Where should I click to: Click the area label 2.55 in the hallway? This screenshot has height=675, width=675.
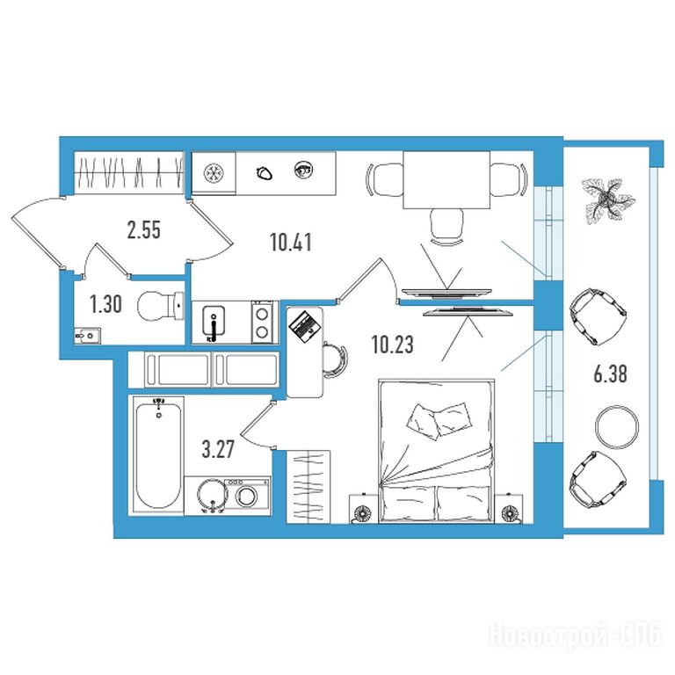coord(144,230)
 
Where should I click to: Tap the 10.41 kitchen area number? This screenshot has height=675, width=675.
coord(291,242)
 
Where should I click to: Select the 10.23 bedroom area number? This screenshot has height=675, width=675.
coord(392,345)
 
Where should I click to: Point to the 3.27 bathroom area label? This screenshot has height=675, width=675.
coord(218,450)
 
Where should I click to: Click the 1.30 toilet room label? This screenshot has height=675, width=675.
coord(105,304)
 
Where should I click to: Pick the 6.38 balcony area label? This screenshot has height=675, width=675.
coord(611,374)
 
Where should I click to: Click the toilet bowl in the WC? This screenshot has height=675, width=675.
coord(160,306)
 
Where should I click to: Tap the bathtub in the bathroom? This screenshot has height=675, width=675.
coord(158,454)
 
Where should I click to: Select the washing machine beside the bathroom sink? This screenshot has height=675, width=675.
coord(247,496)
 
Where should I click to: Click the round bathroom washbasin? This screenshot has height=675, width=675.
coord(212,496)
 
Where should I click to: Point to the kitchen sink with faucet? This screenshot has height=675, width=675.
coord(214,322)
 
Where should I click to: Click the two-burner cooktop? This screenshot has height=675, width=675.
coord(262,322)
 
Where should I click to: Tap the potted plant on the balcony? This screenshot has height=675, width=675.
coord(607,200)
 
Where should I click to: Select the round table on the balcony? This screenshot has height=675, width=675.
coord(616,427)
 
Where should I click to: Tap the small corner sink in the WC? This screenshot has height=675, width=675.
coord(88,336)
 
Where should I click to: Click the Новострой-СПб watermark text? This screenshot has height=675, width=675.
coord(575,635)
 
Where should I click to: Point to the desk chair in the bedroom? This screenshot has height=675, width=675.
coord(336,359)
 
